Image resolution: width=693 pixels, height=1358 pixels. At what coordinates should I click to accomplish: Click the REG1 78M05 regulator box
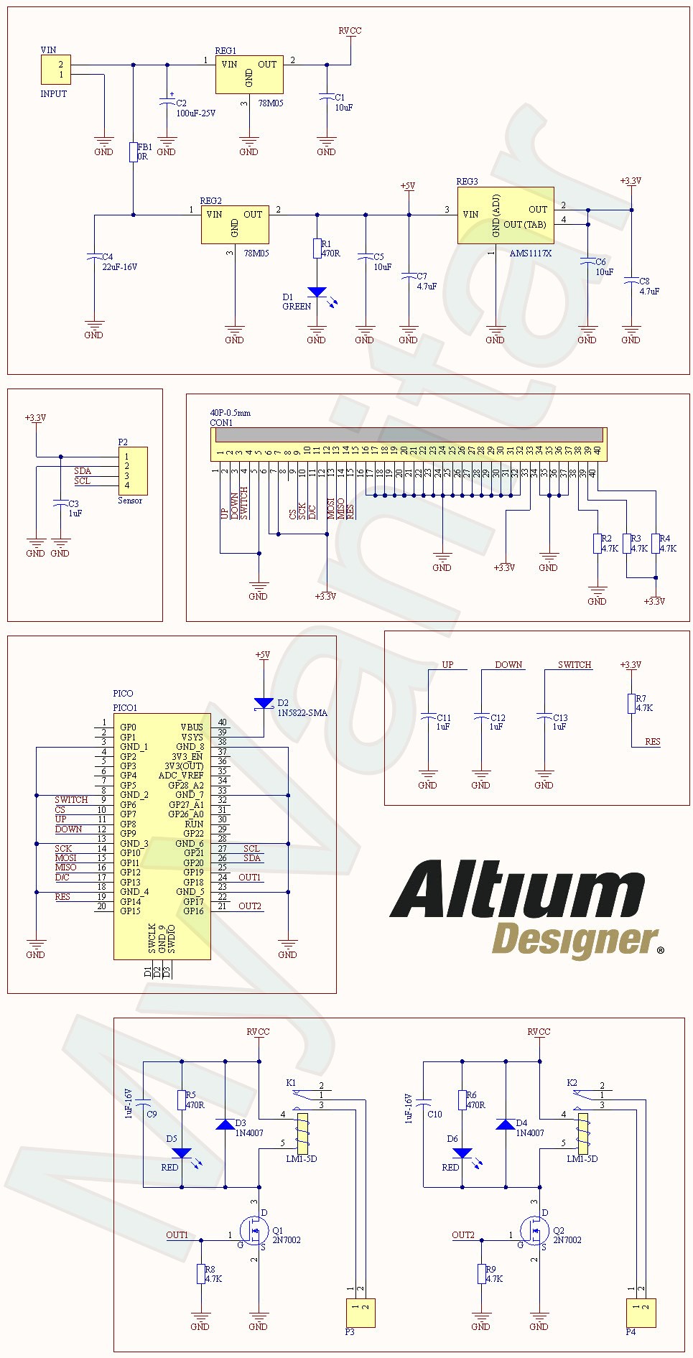(249, 74)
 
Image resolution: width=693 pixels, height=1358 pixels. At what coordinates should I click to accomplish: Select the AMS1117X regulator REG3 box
(506, 215)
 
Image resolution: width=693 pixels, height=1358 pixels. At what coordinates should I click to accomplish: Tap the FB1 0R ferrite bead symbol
(133, 152)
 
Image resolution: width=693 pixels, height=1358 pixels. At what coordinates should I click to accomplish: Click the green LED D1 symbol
(317, 292)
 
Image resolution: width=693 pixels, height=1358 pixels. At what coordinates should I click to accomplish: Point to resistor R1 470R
(317, 248)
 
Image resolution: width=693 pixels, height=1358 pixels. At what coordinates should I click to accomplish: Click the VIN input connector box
(55, 70)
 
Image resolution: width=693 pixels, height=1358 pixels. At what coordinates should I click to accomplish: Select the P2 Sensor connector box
(133, 470)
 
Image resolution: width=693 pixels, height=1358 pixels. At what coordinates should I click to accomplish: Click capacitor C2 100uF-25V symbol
(167, 103)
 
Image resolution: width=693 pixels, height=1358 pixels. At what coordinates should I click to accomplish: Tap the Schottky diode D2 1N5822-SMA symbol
(264, 703)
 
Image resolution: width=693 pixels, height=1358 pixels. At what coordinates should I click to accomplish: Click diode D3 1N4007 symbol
(225, 1125)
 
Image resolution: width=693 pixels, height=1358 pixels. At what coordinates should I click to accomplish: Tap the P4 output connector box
(641, 1313)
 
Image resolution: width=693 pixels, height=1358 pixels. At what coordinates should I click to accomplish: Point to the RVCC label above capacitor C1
(350, 31)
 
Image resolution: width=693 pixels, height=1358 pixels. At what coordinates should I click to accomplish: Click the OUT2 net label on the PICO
(250, 906)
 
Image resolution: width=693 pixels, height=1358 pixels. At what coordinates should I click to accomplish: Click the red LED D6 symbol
(462, 1153)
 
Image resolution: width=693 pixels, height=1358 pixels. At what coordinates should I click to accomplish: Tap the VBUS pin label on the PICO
(192, 727)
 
